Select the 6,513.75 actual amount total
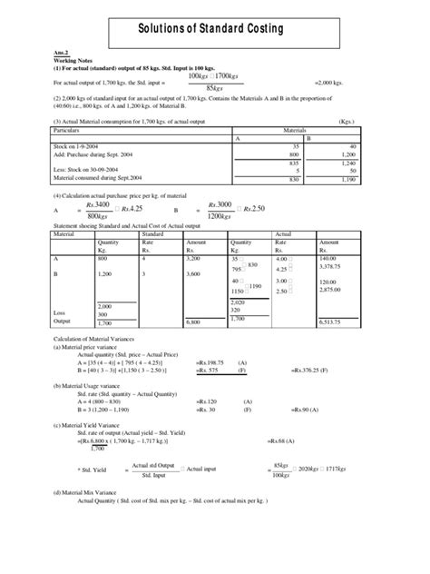332,322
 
